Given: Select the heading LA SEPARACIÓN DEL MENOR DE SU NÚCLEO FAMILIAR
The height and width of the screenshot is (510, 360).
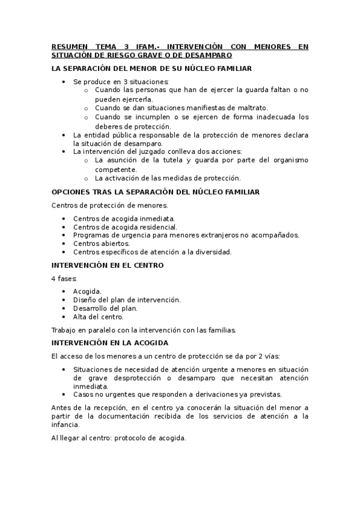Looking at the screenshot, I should click(151, 69).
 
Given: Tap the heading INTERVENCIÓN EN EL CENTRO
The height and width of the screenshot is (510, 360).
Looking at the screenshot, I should click(108, 265).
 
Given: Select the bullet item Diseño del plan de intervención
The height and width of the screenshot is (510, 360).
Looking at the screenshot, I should click(127, 300).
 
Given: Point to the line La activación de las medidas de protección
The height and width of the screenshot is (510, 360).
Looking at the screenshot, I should click(168, 177).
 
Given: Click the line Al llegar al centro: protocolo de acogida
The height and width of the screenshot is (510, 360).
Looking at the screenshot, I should click(119, 438).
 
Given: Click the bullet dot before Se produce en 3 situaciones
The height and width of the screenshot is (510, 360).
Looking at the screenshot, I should click(64, 81).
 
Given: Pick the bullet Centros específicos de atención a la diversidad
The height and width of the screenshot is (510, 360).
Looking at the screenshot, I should click(152, 252).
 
